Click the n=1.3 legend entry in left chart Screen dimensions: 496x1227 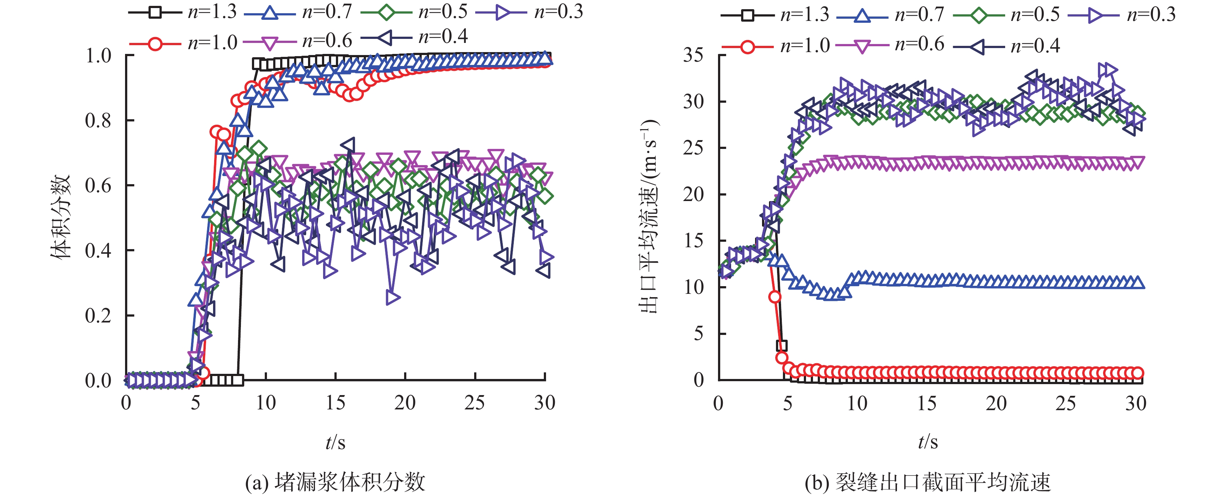click(x=183, y=12)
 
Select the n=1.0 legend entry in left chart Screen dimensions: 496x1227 click(x=183, y=43)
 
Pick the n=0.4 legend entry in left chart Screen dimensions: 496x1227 click(x=414, y=37)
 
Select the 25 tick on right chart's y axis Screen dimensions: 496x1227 click(x=693, y=148)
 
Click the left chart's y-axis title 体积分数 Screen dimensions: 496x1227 click(x=61, y=217)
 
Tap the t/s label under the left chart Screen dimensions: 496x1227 click(x=335, y=442)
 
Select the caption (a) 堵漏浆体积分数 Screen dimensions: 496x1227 click(x=335, y=482)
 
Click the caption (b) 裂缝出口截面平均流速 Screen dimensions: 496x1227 click(x=927, y=482)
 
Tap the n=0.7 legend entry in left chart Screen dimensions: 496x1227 click(x=298, y=12)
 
